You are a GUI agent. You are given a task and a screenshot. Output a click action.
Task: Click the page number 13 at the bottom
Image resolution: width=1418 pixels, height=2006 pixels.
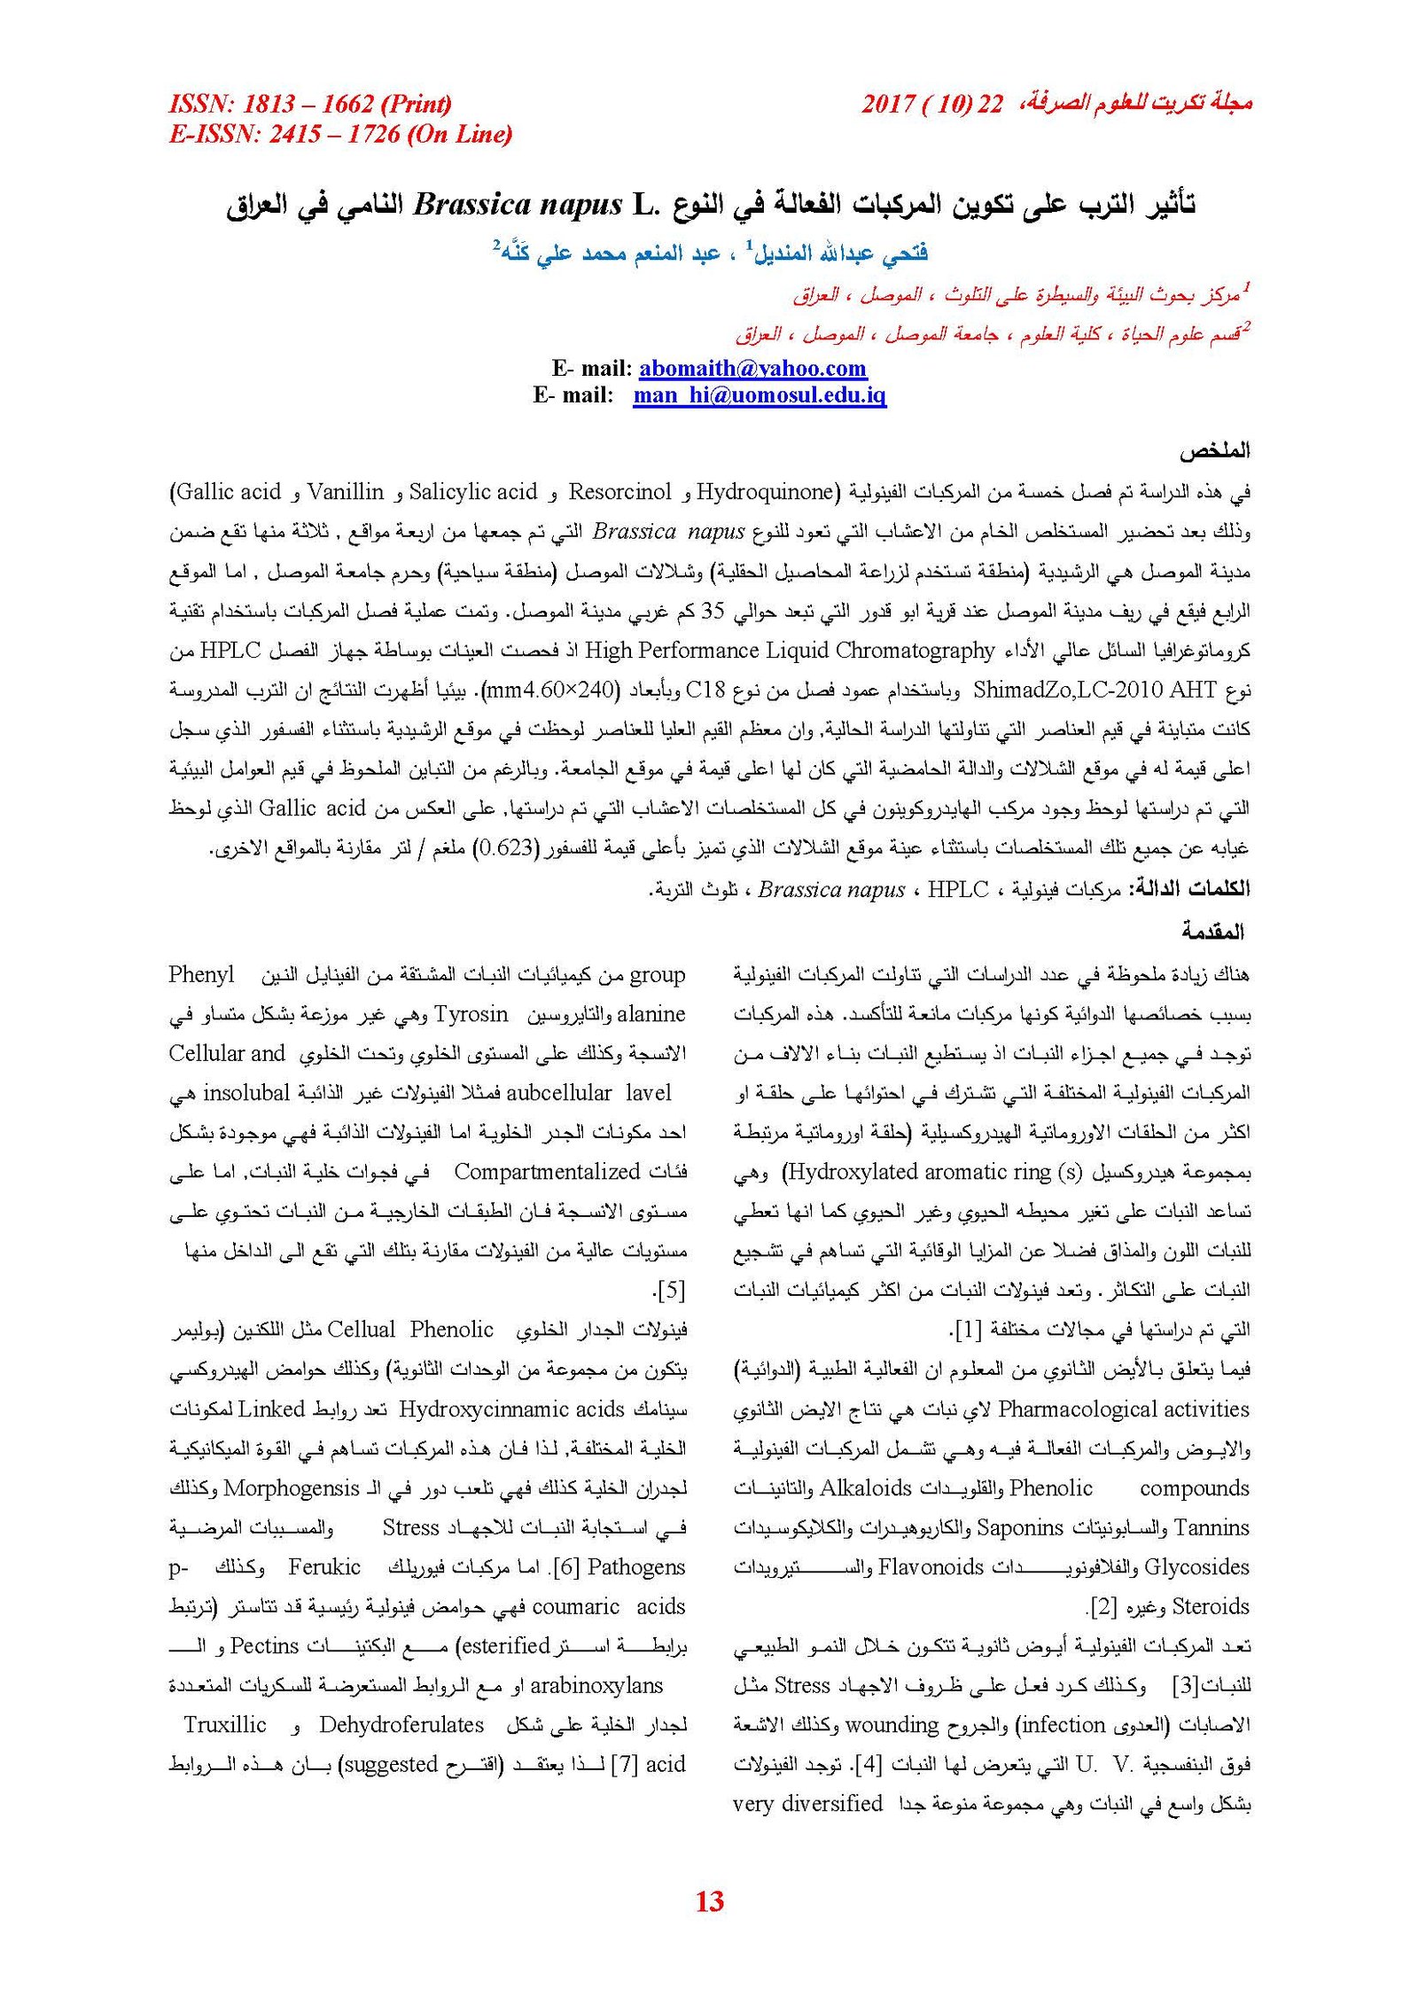709,1901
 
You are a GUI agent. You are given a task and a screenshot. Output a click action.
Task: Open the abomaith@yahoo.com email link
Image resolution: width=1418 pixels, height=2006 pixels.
752,368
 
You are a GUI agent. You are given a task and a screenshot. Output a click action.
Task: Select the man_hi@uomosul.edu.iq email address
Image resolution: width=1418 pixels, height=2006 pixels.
760,395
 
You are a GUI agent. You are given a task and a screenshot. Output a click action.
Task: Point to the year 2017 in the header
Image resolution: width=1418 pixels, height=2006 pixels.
888,105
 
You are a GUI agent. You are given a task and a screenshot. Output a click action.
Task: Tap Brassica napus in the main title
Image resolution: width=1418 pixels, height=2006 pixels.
518,206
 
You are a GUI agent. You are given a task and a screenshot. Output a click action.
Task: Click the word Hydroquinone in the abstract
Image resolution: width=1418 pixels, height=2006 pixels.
766,491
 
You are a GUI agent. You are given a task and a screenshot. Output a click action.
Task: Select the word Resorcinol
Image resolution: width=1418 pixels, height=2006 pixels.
619,491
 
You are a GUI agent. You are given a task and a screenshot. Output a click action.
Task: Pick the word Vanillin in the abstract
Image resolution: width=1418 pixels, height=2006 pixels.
346,491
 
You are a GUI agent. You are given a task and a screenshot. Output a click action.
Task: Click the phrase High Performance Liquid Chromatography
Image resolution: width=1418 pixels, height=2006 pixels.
790,650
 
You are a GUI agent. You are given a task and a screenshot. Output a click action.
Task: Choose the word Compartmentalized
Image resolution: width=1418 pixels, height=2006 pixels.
547,1172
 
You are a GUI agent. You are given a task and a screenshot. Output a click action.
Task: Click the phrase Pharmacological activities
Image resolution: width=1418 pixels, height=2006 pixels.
1124,1409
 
